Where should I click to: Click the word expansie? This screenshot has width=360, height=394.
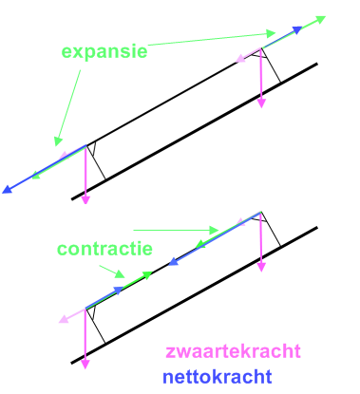(x=104, y=52)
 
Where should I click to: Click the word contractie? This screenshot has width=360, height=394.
(x=104, y=249)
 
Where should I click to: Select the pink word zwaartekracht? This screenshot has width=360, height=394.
(x=233, y=351)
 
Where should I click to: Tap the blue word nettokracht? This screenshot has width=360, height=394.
(x=218, y=377)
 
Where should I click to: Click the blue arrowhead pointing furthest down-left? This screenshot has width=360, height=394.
(x=7, y=189)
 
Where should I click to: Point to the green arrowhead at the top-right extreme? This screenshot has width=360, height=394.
(x=320, y=20)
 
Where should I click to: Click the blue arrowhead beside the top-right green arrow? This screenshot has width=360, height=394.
(x=297, y=30)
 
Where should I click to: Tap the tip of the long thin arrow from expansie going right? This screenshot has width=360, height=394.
(x=275, y=33)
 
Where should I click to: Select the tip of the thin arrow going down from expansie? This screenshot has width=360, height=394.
(x=56, y=145)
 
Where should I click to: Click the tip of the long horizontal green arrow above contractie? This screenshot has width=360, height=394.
(x=218, y=230)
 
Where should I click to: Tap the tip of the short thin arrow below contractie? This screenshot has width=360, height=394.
(x=124, y=276)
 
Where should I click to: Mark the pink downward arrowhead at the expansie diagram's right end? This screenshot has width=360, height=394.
(x=261, y=103)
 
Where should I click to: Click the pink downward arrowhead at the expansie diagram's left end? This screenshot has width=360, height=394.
(x=85, y=200)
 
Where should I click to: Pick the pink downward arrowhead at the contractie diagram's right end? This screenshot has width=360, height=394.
(x=261, y=267)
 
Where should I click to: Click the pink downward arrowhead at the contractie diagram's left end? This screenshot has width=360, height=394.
(x=85, y=365)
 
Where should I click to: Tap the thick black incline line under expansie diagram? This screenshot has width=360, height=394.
(x=195, y=131)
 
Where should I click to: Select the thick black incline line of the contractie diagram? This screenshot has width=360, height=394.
(x=195, y=295)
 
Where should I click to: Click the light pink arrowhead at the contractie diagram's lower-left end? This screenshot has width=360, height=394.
(x=64, y=319)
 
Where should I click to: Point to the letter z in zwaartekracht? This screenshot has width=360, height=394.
(x=170, y=353)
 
